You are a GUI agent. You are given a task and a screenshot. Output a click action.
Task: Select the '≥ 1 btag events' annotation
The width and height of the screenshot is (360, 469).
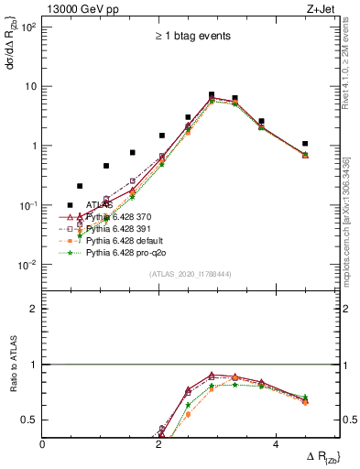point(192,36)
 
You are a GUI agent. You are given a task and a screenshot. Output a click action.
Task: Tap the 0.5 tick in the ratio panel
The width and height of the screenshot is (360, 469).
point(29,420)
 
